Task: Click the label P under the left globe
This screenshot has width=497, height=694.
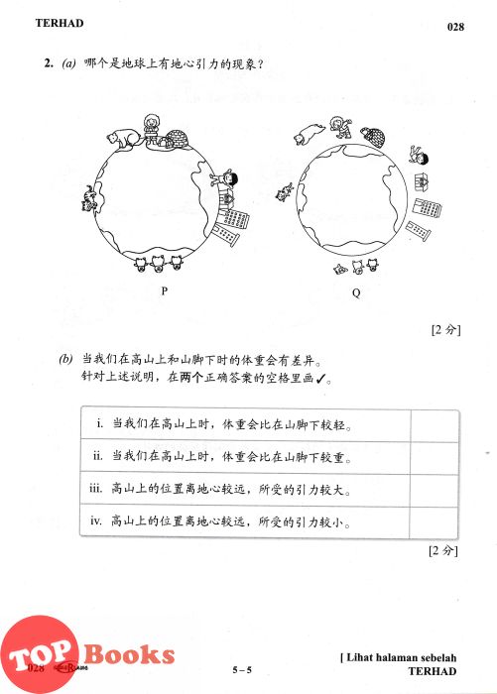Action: [x=165, y=290]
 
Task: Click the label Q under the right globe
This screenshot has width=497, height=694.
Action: [x=356, y=292]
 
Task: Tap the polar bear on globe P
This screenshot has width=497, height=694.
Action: [x=123, y=138]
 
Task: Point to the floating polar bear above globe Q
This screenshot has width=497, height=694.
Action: [x=309, y=133]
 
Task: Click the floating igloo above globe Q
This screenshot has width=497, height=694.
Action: [x=373, y=137]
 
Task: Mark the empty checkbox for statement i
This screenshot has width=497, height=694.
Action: [x=435, y=425]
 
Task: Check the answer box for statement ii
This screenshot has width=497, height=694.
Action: [x=435, y=457]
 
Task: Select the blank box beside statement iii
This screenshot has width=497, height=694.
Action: [x=435, y=490]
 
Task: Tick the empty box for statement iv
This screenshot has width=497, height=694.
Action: [x=435, y=521]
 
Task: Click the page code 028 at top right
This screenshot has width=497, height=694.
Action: [x=455, y=27]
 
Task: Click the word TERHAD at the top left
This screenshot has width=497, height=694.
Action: [x=60, y=23]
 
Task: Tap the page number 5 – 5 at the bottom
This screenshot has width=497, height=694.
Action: [x=242, y=669]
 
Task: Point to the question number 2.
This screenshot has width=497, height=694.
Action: [x=49, y=63]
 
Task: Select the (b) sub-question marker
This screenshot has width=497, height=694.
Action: [x=65, y=359]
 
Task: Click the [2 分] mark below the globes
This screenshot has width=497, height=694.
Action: [x=445, y=330]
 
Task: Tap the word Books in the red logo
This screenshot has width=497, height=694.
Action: [x=129, y=654]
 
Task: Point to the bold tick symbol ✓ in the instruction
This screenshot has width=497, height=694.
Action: [x=321, y=378]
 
